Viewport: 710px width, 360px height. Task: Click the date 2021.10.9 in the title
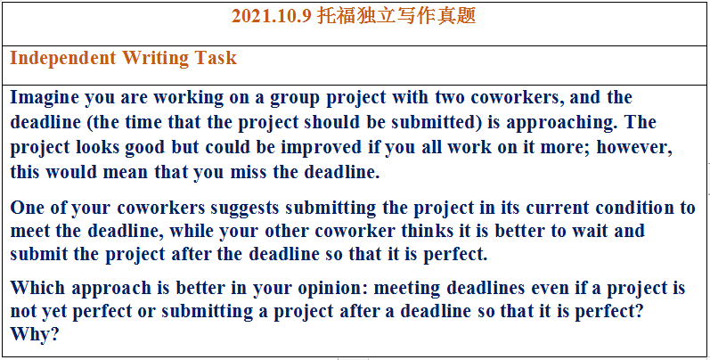pyautogui.click(x=271, y=17)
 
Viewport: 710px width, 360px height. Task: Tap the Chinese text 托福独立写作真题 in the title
pyautogui.click(x=396, y=16)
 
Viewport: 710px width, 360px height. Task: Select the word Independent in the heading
pyautogui.click(x=63, y=59)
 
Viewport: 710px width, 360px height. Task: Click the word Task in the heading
pyautogui.click(x=216, y=58)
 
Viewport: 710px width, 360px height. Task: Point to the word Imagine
pyautogui.click(x=45, y=98)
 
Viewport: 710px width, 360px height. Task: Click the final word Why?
pyautogui.click(x=35, y=334)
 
